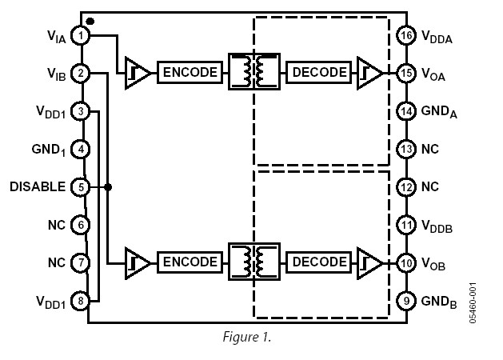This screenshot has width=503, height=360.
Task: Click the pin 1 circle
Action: click(80, 35)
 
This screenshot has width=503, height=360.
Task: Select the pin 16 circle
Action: click(407, 35)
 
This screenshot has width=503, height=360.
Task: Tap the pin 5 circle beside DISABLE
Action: click(80, 187)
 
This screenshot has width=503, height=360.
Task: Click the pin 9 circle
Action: click(407, 301)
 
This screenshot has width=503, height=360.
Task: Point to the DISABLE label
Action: click(38, 187)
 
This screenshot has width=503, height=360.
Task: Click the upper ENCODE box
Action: click(190, 73)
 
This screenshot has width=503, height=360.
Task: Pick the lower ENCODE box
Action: click(190, 262)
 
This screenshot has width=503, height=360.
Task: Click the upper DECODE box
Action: click(319, 73)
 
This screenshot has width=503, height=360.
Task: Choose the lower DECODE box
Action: click(319, 262)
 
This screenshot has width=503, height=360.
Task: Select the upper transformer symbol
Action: click(254, 72)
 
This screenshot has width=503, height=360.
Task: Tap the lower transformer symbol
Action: click(254, 262)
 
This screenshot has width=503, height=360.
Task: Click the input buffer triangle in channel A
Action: click(137, 73)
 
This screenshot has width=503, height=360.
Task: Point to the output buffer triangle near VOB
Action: click(369, 262)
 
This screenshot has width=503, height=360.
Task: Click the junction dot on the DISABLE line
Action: click(108, 187)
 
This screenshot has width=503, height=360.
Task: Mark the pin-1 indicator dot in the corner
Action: click(90, 20)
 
